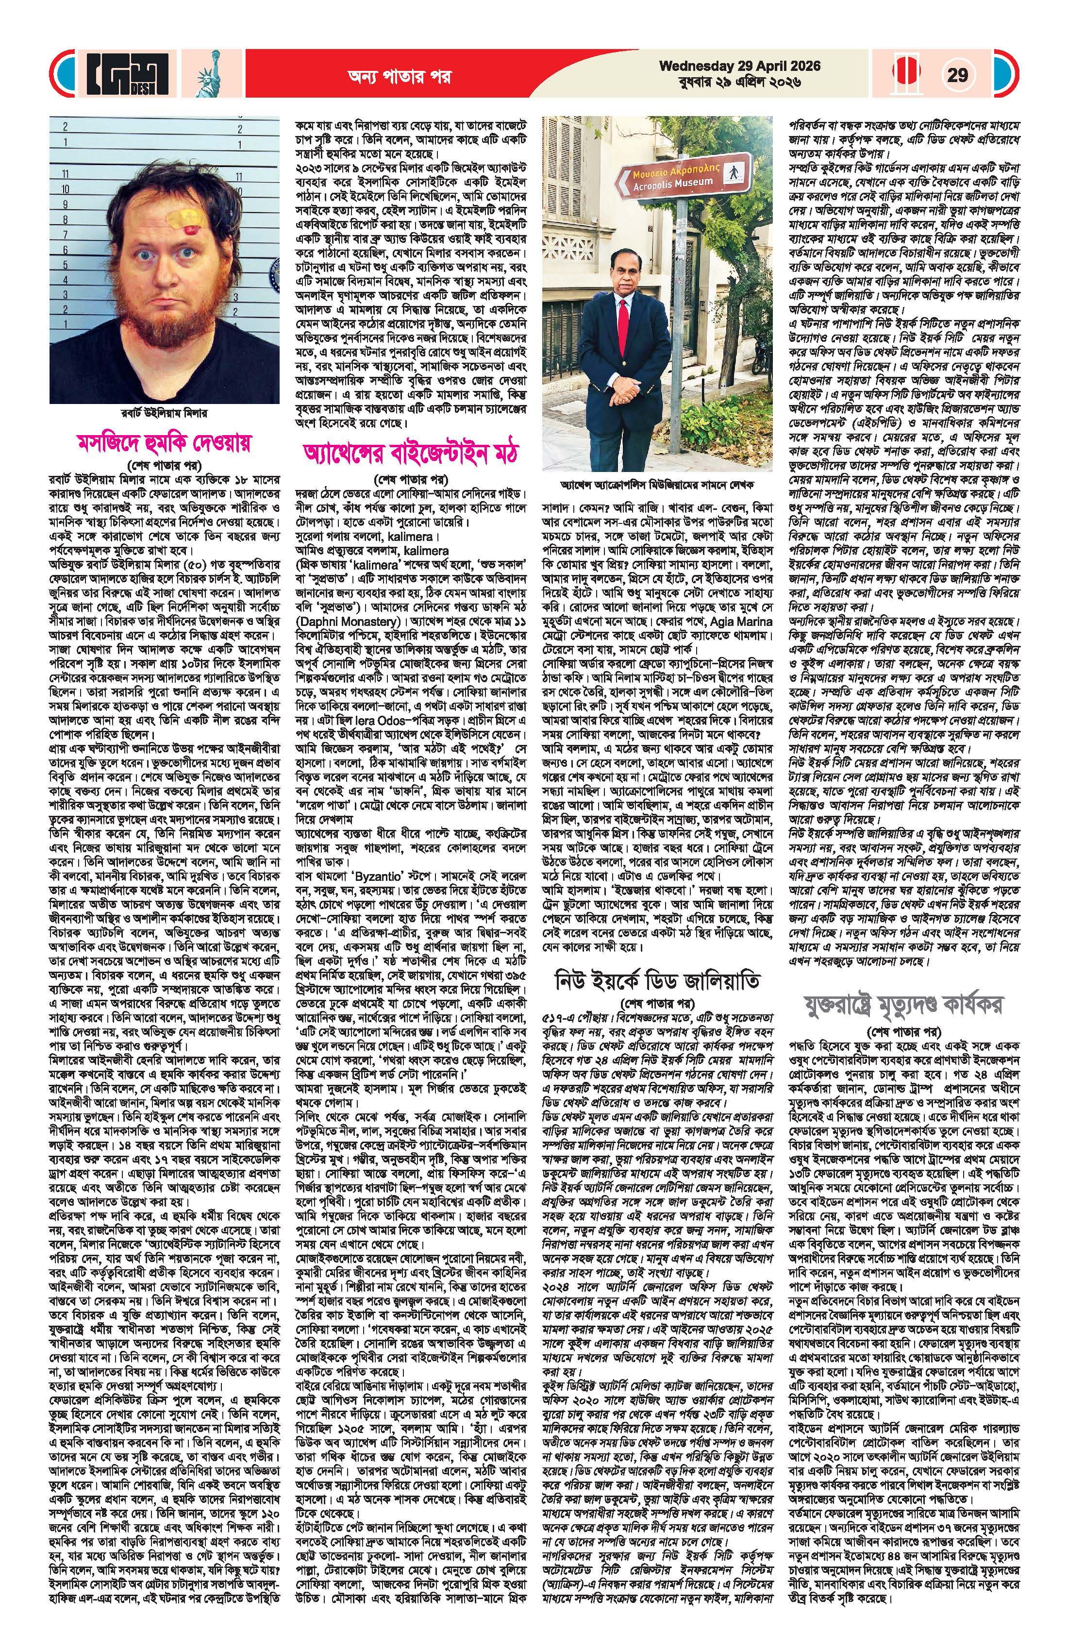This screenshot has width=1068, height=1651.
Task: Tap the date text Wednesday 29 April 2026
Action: click(740, 66)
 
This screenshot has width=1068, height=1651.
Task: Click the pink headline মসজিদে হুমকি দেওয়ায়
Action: click(165, 442)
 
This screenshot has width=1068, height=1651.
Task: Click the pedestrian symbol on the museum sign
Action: click(729, 175)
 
